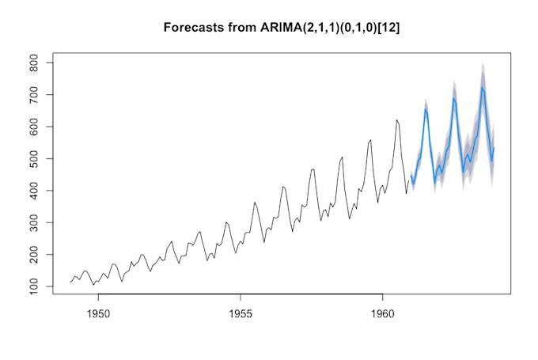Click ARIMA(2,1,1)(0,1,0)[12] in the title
(x=317, y=28)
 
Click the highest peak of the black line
(x=397, y=119)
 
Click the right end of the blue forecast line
(x=494, y=148)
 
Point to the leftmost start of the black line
(x=70, y=282)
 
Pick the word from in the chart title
(x=239, y=28)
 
